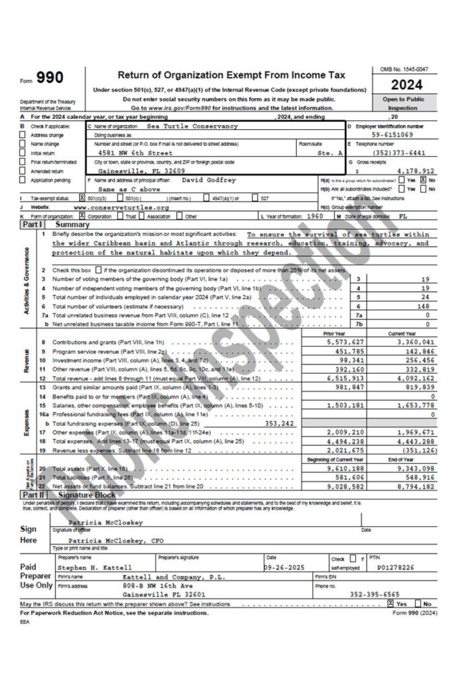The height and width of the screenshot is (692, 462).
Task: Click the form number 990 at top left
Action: pos(49,78)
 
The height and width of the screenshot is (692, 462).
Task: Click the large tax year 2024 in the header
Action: pos(407,85)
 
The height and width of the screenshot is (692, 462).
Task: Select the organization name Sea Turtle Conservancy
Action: pos(192,126)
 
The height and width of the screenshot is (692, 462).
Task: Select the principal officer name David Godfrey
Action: pos(209,180)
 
